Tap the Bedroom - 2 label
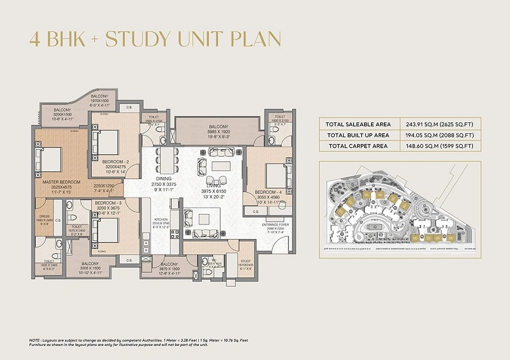click(x=116, y=162)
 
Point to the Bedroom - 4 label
click(x=268, y=192)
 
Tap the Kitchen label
click(x=161, y=219)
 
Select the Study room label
click(x=246, y=261)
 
